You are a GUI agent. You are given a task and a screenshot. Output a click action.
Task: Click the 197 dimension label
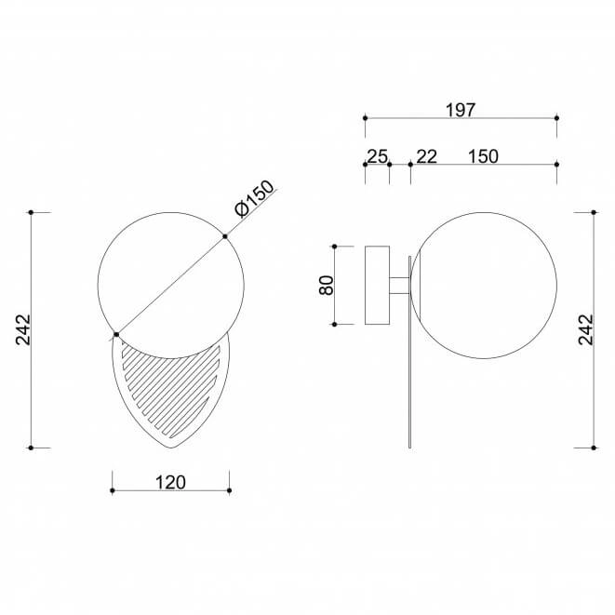click(x=461, y=110)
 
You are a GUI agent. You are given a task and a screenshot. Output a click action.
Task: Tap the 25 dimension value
click(x=377, y=156)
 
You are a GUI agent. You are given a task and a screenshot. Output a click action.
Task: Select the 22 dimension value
click(x=426, y=156)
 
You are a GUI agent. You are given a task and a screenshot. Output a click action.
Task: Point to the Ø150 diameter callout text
click(x=255, y=198)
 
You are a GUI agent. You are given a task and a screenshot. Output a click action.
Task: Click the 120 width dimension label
click(x=170, y=483)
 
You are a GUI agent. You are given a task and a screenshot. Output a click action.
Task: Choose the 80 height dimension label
click(x=327, y=285)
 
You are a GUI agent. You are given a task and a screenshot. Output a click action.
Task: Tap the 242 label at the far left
click(x=22, y=329)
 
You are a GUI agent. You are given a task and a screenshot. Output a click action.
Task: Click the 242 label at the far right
click(x=586, y=329)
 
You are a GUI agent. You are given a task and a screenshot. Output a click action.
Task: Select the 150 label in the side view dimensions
click(x=483, y=156)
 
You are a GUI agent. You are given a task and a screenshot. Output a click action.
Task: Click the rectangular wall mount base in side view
click(x=378, y=285)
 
